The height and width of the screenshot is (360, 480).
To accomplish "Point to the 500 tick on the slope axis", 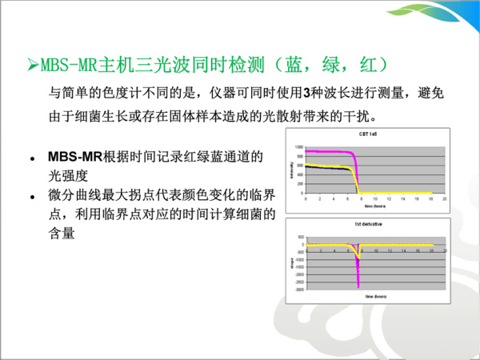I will [300, 238].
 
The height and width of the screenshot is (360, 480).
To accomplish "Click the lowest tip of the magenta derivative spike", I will [358, 286].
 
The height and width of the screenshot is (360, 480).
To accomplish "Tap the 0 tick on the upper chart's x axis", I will [306, 198].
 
